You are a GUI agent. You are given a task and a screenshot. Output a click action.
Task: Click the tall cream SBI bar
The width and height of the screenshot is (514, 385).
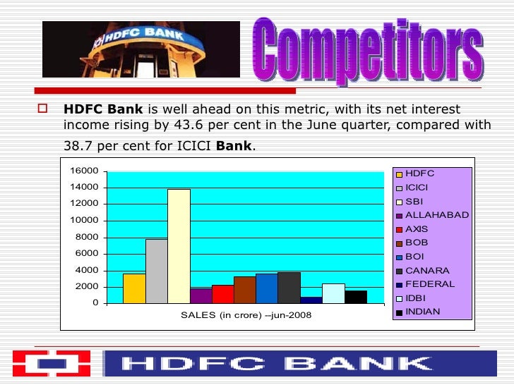179,246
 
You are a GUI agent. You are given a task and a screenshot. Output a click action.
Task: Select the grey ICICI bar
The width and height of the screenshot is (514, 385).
156,271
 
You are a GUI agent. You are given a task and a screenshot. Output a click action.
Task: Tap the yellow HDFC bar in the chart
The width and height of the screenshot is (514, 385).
134,288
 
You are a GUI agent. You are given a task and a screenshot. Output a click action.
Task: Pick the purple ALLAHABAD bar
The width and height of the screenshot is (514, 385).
201,296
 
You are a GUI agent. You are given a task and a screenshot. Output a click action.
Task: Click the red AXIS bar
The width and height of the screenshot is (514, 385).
222,294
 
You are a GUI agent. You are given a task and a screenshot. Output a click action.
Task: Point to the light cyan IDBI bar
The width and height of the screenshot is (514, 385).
333,293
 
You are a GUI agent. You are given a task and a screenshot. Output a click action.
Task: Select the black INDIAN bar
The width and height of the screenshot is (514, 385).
355,297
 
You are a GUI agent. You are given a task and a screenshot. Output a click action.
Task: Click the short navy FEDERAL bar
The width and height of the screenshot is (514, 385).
311,300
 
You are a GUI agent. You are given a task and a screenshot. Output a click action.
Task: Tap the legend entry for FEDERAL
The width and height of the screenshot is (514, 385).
430,284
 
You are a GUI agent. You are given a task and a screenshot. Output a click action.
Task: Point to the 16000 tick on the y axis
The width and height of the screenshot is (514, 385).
83,171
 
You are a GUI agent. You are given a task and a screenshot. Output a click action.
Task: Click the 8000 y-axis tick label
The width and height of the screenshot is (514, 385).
86,237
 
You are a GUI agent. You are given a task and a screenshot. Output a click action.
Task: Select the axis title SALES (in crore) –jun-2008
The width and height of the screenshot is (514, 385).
246,314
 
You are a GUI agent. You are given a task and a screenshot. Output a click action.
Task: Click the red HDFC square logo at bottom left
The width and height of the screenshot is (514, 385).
51,364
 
